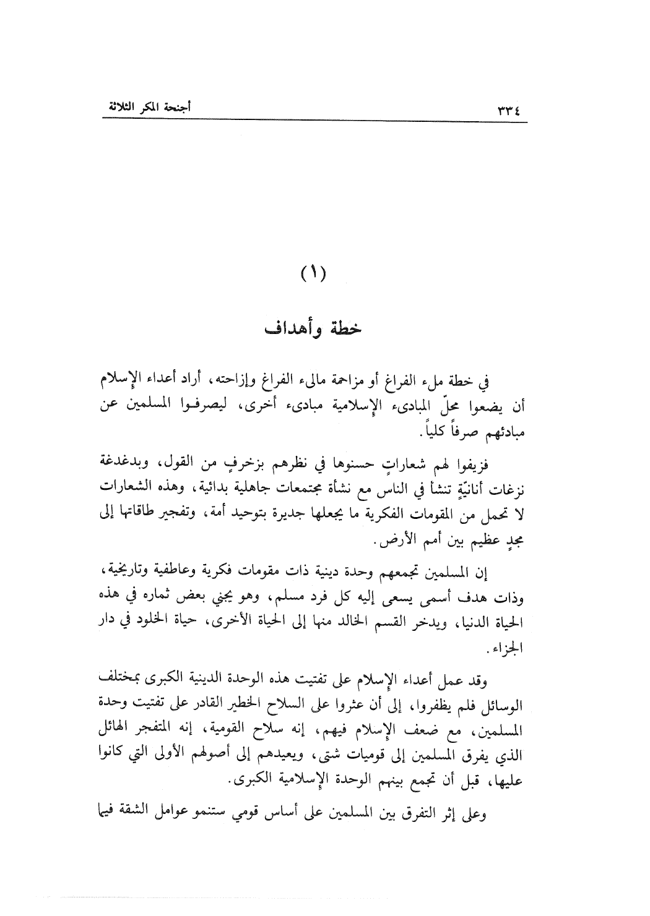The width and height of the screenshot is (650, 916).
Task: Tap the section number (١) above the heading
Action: coord(313,272)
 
